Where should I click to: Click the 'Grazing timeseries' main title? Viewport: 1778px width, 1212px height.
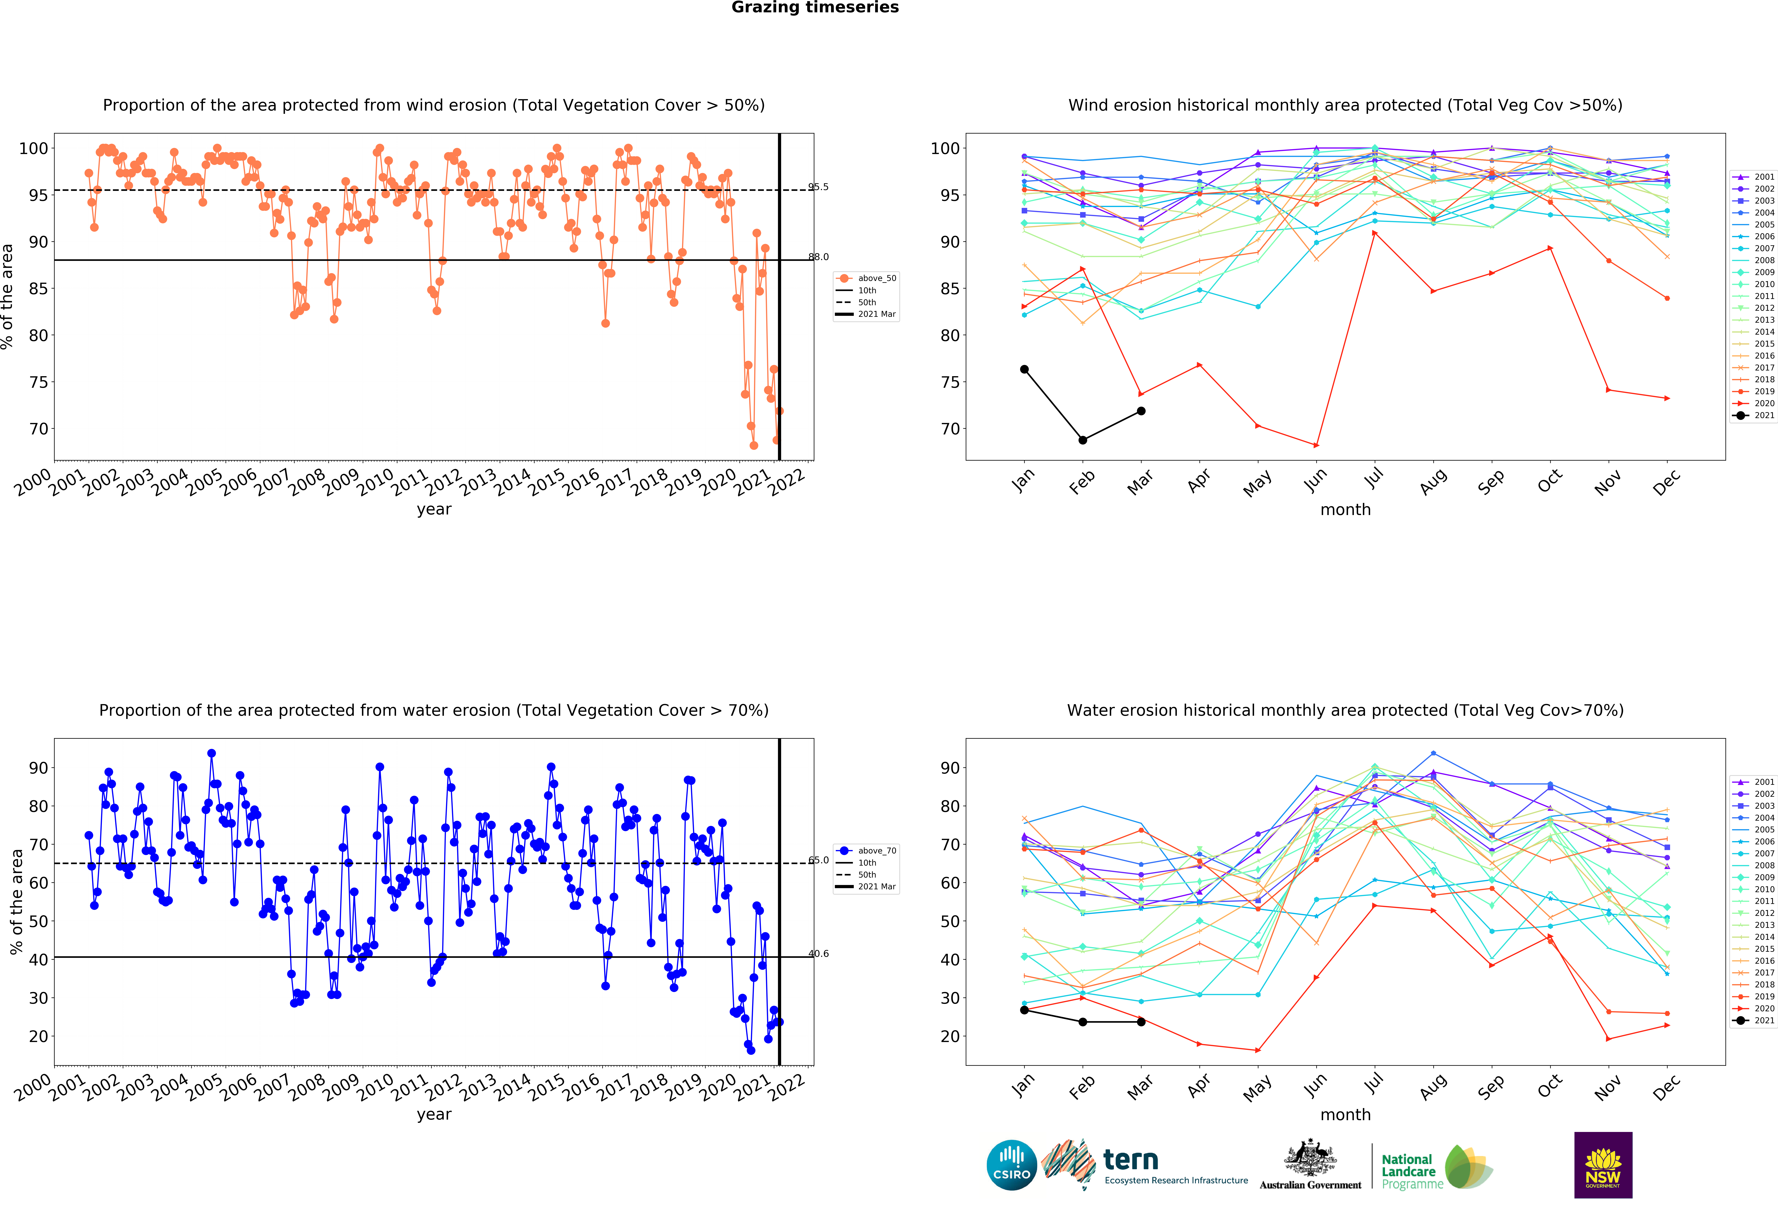click(815, 8)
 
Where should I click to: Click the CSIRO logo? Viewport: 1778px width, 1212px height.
click(1011, 1165)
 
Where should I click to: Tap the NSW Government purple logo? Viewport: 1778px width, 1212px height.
click(1603, 1165)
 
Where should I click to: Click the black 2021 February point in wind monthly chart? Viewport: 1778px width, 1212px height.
click(1083, 440)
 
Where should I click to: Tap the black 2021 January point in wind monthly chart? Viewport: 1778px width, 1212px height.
click(1024, 370)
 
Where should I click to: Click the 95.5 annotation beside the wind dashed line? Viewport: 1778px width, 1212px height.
click(818, 187)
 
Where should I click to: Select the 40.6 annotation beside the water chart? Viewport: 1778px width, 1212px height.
click(818, 953)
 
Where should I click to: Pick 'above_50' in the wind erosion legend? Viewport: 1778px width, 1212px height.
click(877, 278)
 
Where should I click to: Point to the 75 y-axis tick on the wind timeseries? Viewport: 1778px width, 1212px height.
click(38, 382)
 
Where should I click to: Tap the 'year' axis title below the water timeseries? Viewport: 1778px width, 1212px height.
click(434, 1115)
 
